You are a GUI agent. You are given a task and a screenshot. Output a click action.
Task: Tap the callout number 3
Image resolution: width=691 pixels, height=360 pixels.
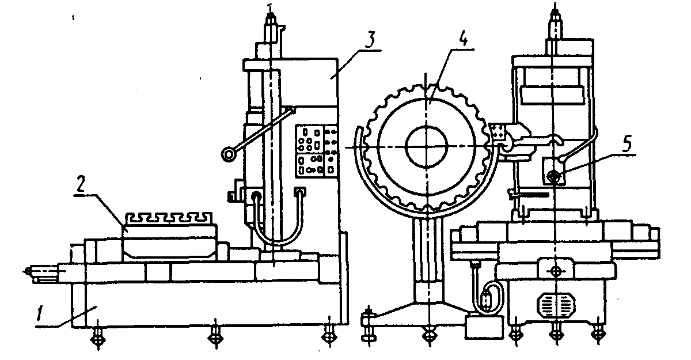click(x=372, y=41)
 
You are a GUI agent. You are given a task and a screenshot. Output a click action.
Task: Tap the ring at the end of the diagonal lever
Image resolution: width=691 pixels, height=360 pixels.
click(x=228, y=153)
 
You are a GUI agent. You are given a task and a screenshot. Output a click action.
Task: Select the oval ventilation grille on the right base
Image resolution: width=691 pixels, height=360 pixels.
click(x=555, y=302)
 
